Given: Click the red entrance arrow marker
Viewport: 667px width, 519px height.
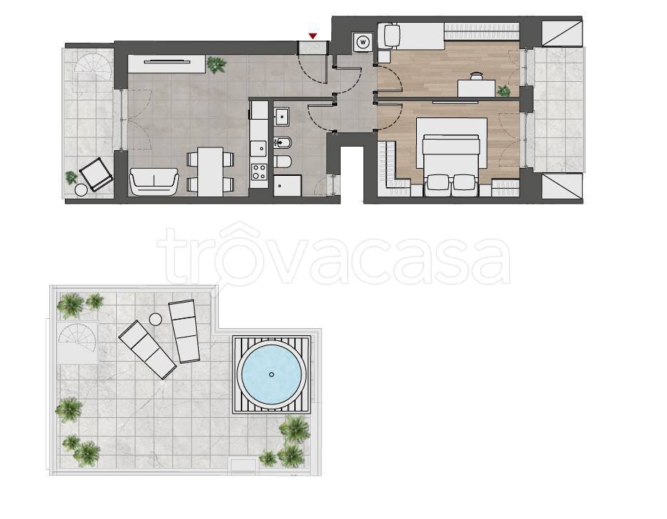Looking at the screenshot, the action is point(313,36).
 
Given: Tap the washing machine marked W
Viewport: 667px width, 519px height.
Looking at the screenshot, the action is point(363,42).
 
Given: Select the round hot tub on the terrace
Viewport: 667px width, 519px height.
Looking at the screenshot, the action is point(272,374).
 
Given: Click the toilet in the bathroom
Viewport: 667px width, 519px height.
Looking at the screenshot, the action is point(282,162).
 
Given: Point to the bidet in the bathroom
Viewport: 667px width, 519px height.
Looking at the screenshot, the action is point(282,143).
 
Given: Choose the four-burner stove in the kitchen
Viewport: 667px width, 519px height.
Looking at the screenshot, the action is point(259,172).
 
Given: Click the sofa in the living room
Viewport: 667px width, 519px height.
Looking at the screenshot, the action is point(153,182).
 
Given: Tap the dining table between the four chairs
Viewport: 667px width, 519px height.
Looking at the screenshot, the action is point(210,172).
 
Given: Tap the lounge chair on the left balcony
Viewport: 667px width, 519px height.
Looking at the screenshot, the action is point(96,174).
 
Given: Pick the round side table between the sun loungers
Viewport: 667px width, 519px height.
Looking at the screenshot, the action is point(155,319).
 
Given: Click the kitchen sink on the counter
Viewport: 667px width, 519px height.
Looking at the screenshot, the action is point(259,148).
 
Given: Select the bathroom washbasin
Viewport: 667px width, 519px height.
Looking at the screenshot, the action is point(281,117).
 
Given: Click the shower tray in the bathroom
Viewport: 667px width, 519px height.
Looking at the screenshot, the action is point(288,186).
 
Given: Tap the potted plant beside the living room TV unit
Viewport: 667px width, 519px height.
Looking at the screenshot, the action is point(217,65).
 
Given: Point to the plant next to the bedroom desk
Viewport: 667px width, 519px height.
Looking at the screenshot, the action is point(504,90).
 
